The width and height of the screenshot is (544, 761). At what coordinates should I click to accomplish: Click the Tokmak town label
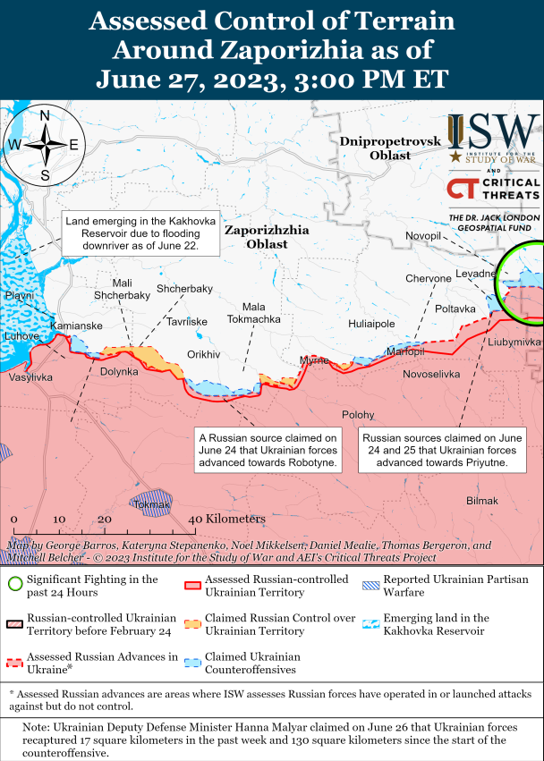pyautogui.click(x=151, y=505)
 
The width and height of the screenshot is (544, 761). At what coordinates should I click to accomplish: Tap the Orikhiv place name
pyautogui.click(x=203, y=354)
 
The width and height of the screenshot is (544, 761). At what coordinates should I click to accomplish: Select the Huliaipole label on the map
pyautogui.click(x=371, y=325)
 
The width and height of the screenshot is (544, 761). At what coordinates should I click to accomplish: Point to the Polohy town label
pyautogui.click(x=358, y=414)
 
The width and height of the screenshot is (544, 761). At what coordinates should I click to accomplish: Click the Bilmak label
pyautogui.click(x=481, y=501)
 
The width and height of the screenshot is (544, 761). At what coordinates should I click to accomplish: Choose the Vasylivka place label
pyautogui.click(x=30, y=378)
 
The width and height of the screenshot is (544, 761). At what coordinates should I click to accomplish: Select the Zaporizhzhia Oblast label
pyautogui.click(x=267, y=237)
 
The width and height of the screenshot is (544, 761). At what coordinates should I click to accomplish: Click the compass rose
pyautogui.click(x=44, y=144)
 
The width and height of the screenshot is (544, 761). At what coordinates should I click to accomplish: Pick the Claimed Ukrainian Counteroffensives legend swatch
pyautogui.click(x=191, y=663)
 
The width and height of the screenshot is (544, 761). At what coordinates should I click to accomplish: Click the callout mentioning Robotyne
pyautogui.click(x=268, y=451)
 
